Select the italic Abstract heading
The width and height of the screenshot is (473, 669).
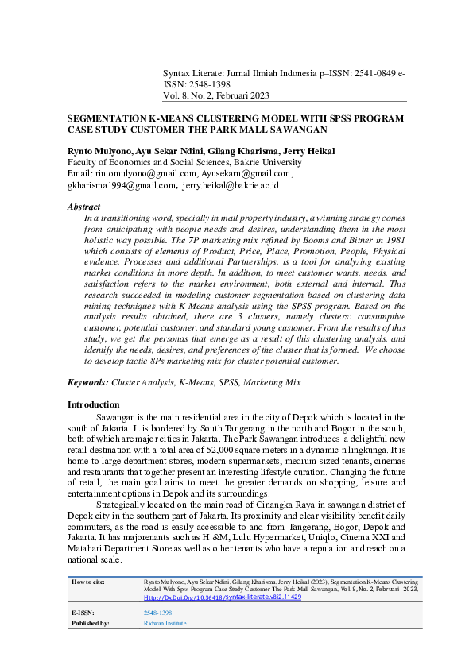pyautogui.click(x=84, y=207)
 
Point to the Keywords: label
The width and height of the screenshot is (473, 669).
pyautogui.click(x=88, y=383)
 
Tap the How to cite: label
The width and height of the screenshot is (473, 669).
pyautogui.click(x=88, y=582)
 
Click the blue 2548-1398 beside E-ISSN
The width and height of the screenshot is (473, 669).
pyautogui.click(x=157, y=613)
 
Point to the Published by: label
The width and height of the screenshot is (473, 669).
pyautogui.click(x=91, y=624)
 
